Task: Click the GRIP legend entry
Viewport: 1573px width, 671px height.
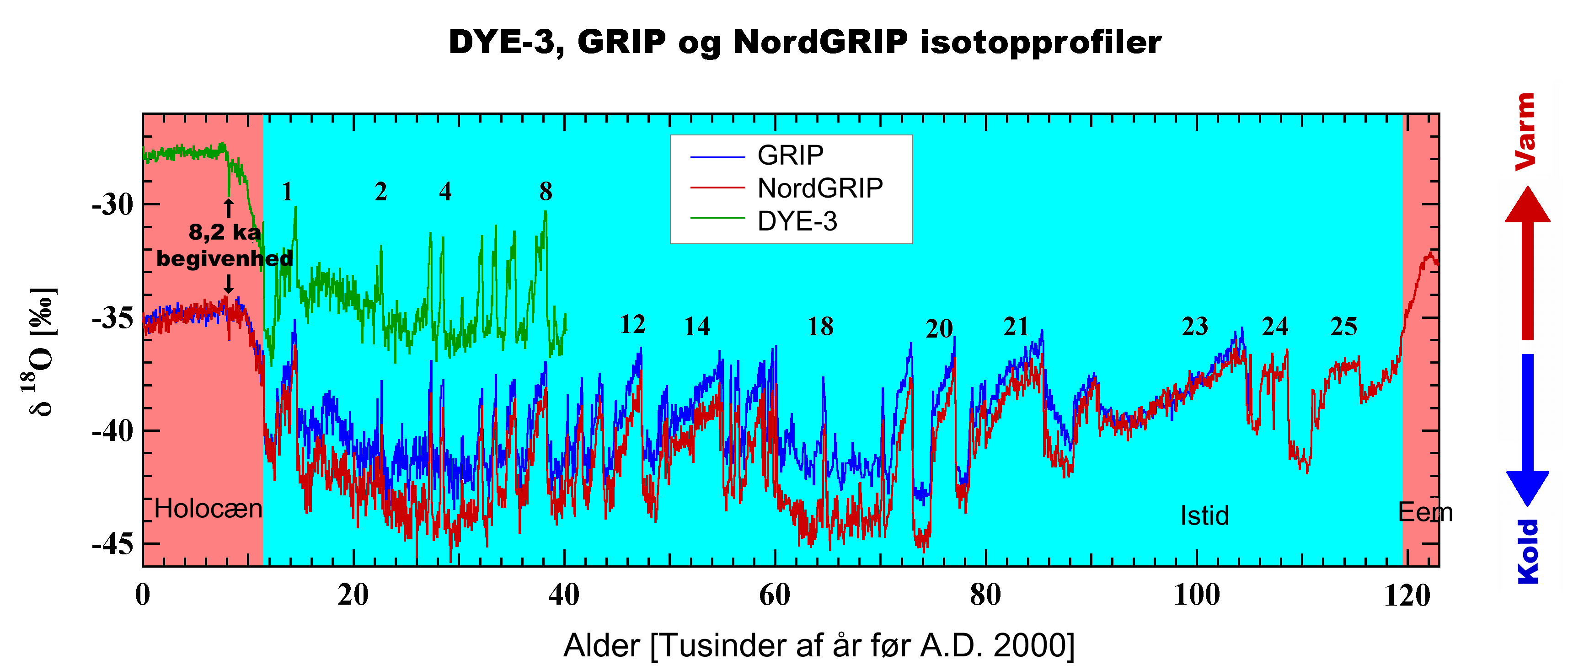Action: [790, 156]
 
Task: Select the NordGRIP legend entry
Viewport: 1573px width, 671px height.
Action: [819, 188]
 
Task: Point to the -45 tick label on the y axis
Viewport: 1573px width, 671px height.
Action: [113, 543]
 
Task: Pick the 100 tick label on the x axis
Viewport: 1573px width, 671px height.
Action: [1196, 595]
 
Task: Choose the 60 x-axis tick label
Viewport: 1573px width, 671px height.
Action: [774, 595]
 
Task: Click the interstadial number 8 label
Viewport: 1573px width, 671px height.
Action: [546, 192]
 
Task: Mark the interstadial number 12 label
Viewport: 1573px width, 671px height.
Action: [632, 325]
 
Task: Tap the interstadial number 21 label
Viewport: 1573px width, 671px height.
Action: [1016, 327]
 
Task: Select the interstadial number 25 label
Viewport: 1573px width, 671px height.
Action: [1343, 327]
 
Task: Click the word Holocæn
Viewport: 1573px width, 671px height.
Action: [208, 509]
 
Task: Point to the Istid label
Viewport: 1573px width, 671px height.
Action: [1204, 516]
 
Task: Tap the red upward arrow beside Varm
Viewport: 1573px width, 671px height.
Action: [1527, 263]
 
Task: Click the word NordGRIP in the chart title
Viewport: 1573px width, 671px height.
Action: [820, 43]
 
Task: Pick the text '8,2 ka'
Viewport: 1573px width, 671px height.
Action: [225, 232]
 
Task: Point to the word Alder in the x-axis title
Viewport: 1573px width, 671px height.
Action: [601, 645]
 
